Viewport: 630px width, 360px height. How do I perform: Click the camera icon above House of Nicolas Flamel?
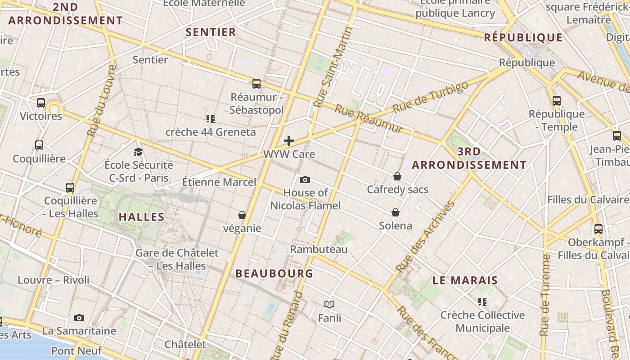coord(305,180)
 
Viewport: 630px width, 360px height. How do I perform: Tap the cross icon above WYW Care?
coord(289,141)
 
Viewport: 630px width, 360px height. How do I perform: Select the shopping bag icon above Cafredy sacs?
coord(397,176)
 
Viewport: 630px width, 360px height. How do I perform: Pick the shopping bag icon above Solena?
coord(396,212)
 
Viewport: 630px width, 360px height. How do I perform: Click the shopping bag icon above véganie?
coord(242,215)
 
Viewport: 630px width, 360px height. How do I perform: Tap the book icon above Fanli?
coord(329,305)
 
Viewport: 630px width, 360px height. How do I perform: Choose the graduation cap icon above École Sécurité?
coord(138,152)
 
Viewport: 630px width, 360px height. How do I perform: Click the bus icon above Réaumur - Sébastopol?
coord(256,84)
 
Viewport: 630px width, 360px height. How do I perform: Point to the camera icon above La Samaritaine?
coord(79,318)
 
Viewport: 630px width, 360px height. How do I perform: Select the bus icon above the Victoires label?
coord(41,103)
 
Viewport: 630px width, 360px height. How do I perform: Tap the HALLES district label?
coord(142,217)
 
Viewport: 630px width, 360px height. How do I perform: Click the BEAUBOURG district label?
coord(274,274)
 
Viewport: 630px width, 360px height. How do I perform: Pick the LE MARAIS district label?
coord(465,280)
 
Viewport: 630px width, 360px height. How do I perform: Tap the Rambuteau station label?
coord(319,249)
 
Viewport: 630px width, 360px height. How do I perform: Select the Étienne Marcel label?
coord(219,182)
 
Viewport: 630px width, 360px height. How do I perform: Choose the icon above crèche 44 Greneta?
coord(210,119)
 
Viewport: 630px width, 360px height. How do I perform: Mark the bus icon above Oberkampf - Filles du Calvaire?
coord(598,229)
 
